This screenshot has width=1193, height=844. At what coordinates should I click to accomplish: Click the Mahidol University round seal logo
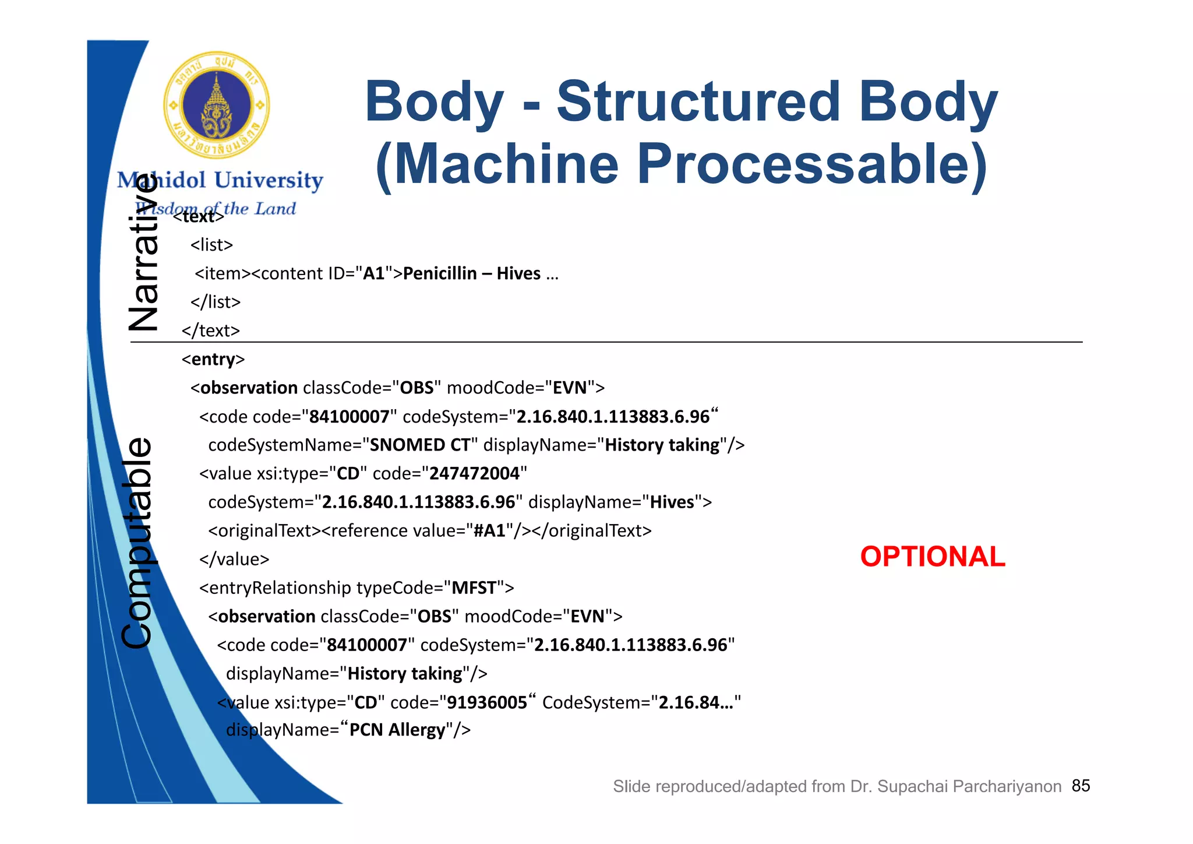(x=216, y=105)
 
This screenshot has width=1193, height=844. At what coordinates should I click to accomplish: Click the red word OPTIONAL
(x=932, y=557)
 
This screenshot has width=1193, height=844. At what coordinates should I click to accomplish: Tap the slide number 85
(x=1081, y=786)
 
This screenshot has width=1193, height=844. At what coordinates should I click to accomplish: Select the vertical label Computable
(x=138, y=542)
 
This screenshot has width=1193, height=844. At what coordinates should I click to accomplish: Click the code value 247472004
(x=474, y=473)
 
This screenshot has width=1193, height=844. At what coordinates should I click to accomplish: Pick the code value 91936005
(x=486, y=702)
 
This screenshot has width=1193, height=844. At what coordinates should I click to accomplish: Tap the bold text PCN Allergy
(x=397, y=730)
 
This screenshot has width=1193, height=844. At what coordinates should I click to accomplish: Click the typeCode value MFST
(x=474, y=588)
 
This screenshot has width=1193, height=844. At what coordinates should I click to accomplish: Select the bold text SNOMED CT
(x=420, y=445)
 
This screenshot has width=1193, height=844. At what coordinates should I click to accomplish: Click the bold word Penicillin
(x=440, y=273)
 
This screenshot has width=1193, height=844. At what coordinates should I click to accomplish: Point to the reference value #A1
(x=489, y=530)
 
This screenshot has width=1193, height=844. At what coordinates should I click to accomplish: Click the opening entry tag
(x=213, y=359)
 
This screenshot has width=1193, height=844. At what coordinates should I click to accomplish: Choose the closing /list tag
(x=216, y=302)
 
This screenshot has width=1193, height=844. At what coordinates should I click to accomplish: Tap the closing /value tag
(x=234, y=559)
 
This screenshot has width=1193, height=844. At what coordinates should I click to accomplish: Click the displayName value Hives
(x=672, y=502)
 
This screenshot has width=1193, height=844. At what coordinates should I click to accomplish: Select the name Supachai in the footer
(x=912, y=786)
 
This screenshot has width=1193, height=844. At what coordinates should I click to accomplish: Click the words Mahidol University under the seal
(x=220, y=180)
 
